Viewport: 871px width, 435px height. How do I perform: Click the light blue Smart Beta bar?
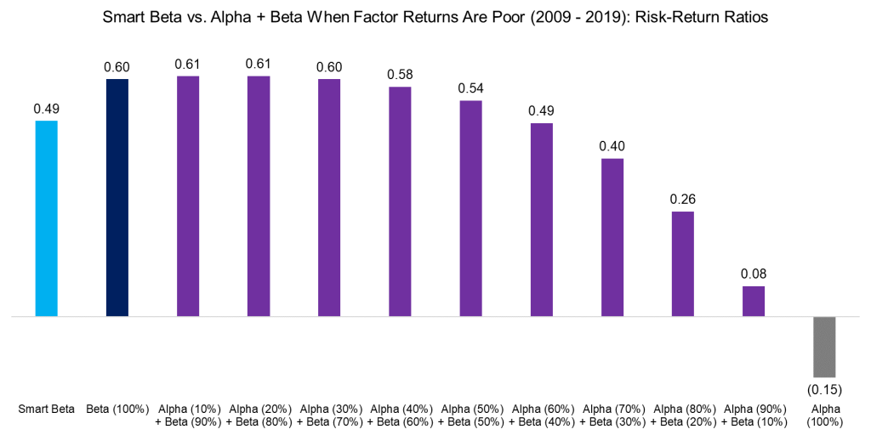[46, 218]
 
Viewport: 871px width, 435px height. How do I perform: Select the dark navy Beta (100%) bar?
[117, 197]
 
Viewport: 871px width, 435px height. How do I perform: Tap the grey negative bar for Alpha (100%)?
[824, 347]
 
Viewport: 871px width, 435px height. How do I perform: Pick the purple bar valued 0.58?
[400, 201]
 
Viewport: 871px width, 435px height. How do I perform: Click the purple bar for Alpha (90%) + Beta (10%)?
[754, 301]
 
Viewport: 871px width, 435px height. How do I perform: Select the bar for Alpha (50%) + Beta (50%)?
[470, 208]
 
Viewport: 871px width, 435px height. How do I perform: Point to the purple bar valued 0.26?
[683, 263]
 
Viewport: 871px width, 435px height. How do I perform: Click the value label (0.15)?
[824, 389]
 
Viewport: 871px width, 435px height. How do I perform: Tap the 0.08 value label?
[754, 274]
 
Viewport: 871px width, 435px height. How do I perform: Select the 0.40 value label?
[612, 146]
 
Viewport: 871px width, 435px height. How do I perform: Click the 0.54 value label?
[470, 88]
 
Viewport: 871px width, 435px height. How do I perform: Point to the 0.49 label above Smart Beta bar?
[46, 109]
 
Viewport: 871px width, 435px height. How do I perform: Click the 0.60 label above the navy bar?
[117, 67]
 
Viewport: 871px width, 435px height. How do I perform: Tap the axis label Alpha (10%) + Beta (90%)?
[188, 415]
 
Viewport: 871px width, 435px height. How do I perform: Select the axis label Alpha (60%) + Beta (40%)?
[541, 415]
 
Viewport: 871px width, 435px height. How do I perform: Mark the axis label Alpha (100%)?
[824, 415]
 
